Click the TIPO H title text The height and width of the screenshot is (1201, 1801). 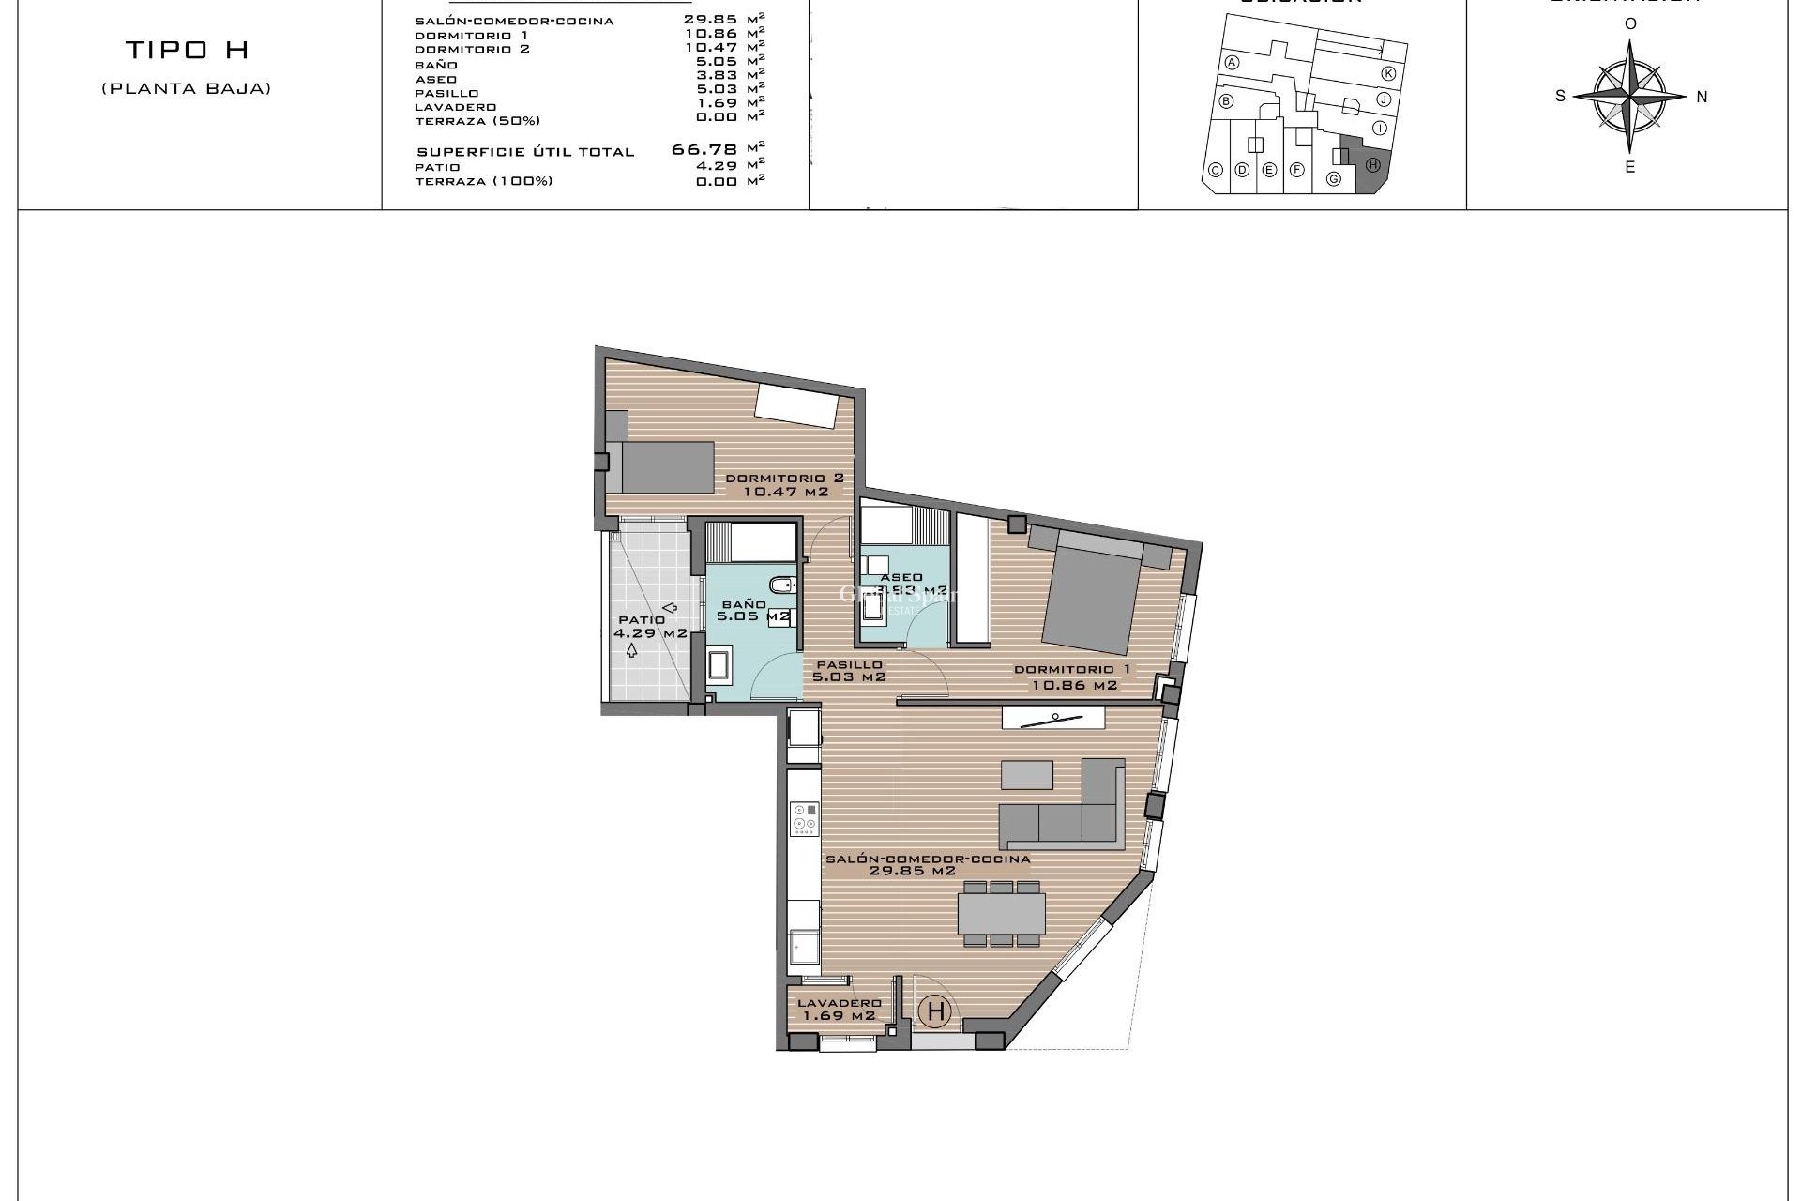point(187,50)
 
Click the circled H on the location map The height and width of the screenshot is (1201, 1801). point(1372,165)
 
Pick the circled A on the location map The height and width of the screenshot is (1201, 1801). point(1233,63)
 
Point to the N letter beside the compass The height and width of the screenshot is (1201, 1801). point(1702,97)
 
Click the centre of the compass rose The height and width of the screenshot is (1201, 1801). point(1630,96)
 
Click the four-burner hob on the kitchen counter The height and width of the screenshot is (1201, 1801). point(804,818)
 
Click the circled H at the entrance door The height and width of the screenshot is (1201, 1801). point(935,1011)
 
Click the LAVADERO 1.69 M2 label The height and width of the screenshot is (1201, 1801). point(839,1009)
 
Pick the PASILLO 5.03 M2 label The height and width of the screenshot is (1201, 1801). point(849,670)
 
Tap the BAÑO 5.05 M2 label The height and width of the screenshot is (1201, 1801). point(750,611)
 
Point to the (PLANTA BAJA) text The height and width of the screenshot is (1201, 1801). point(187,89)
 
